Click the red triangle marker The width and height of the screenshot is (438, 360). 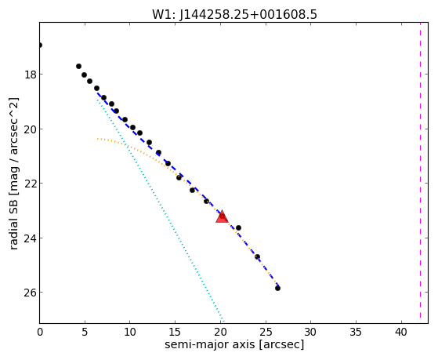point(222,216)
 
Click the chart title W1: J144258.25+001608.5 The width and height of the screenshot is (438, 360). point(234,14)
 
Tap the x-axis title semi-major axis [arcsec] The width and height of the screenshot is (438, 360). point(234,344)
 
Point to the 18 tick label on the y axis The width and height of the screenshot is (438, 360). point(30,75)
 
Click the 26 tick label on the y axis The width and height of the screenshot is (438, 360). point(30,293)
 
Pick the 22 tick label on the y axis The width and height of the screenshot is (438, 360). point(30,184)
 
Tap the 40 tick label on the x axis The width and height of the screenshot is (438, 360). point(401,332)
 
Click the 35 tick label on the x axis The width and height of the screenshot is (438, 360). point(357,332)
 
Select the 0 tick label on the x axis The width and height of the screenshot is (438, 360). point(40,332)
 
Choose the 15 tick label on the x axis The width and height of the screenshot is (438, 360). point(176,332)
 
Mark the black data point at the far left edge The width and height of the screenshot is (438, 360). point(40,45)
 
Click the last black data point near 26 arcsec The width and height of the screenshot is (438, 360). point(277,288)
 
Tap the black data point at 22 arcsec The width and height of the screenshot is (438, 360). point(238,228)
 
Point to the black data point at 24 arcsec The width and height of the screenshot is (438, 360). point(257,256)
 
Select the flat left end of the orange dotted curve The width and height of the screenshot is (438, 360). point(98,139)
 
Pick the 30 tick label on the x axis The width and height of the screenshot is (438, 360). point(311,332)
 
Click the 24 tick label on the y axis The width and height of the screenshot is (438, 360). point(30,238)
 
